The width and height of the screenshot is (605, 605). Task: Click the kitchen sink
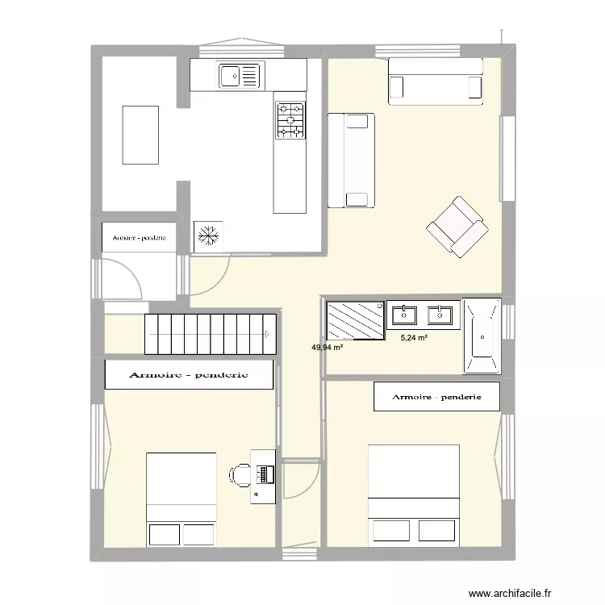(x=240, y=77)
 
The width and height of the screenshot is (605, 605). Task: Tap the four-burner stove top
(x=290, y=119)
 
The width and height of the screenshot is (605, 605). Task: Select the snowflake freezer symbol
(x=209, y=236)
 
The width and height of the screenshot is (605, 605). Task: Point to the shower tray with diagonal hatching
(x=356, y=319)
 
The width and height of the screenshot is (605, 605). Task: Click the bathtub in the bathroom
(x=482, y=336)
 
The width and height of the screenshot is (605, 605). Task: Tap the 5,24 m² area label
(x=414, y=338)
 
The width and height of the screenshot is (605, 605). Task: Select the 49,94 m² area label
(x=328, y=348)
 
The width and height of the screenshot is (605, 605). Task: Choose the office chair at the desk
(x=240, y=474)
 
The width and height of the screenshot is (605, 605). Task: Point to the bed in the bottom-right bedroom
(x=413, y=494)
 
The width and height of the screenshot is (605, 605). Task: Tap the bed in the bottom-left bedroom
(x=181, y=499)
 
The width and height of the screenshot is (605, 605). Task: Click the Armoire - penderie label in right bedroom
(x=436, y=397)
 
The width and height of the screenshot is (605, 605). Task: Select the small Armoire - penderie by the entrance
(x=140, y=238)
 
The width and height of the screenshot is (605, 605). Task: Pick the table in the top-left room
(x=141, y=134)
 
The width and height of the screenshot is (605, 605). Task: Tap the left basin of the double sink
(x=403, y=314)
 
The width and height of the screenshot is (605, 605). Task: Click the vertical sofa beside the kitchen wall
(x=351, y=160)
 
